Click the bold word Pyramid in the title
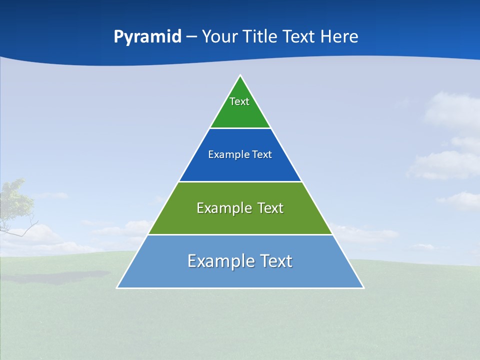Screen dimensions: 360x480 [x=147, y=37]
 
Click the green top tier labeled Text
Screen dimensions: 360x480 [x=240, y=112]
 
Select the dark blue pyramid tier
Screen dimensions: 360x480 [x=240, y=167]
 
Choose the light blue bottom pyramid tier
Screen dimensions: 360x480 [x=240, y=275]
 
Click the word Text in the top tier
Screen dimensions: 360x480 [x=239, y=101]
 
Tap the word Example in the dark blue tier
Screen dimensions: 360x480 [x=223, y=154]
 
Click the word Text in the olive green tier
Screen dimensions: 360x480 [x=270, y=208]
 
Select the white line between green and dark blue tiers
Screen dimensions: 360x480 [x=240, y=128]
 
